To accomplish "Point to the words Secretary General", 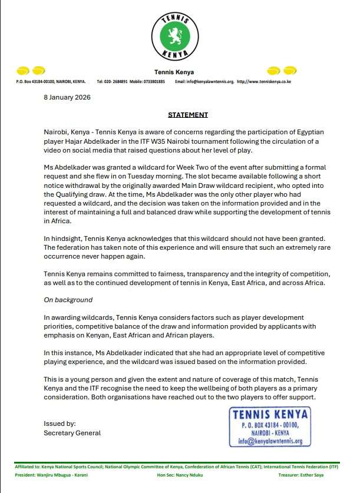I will click(72, 433).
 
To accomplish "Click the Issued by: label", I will click(60, 423).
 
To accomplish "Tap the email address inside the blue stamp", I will click(270, 441).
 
